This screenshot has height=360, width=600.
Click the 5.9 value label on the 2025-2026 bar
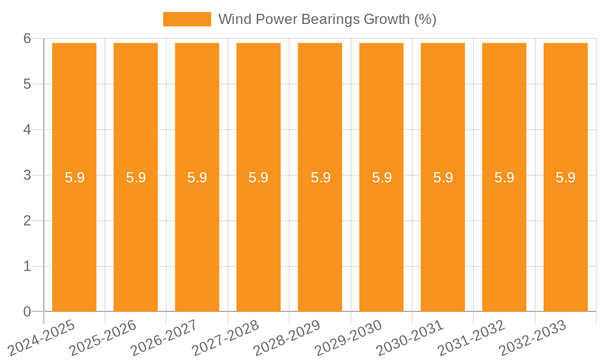pos(136,178)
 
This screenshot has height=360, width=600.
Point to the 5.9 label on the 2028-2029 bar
pos(320,178)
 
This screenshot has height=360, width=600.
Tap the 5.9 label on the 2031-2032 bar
pos(505,178)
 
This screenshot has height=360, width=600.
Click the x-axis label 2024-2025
pos(42,338)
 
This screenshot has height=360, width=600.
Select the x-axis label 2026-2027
pos(164,338)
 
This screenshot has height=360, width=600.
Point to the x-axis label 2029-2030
pos(349,338)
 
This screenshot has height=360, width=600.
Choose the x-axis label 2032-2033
pos(533,338)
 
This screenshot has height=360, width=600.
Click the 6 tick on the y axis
pos(27,38)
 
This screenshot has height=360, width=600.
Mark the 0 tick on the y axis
pos(27,311)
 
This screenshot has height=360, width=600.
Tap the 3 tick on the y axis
pos(27,175)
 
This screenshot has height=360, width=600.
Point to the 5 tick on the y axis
pos(27,84)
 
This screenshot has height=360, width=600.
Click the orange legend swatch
pos(187,19)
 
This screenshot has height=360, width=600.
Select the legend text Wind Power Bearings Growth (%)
pos(327,19)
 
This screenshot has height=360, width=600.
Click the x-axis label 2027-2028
pos(226,338)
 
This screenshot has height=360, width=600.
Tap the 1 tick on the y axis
pos(27,266)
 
